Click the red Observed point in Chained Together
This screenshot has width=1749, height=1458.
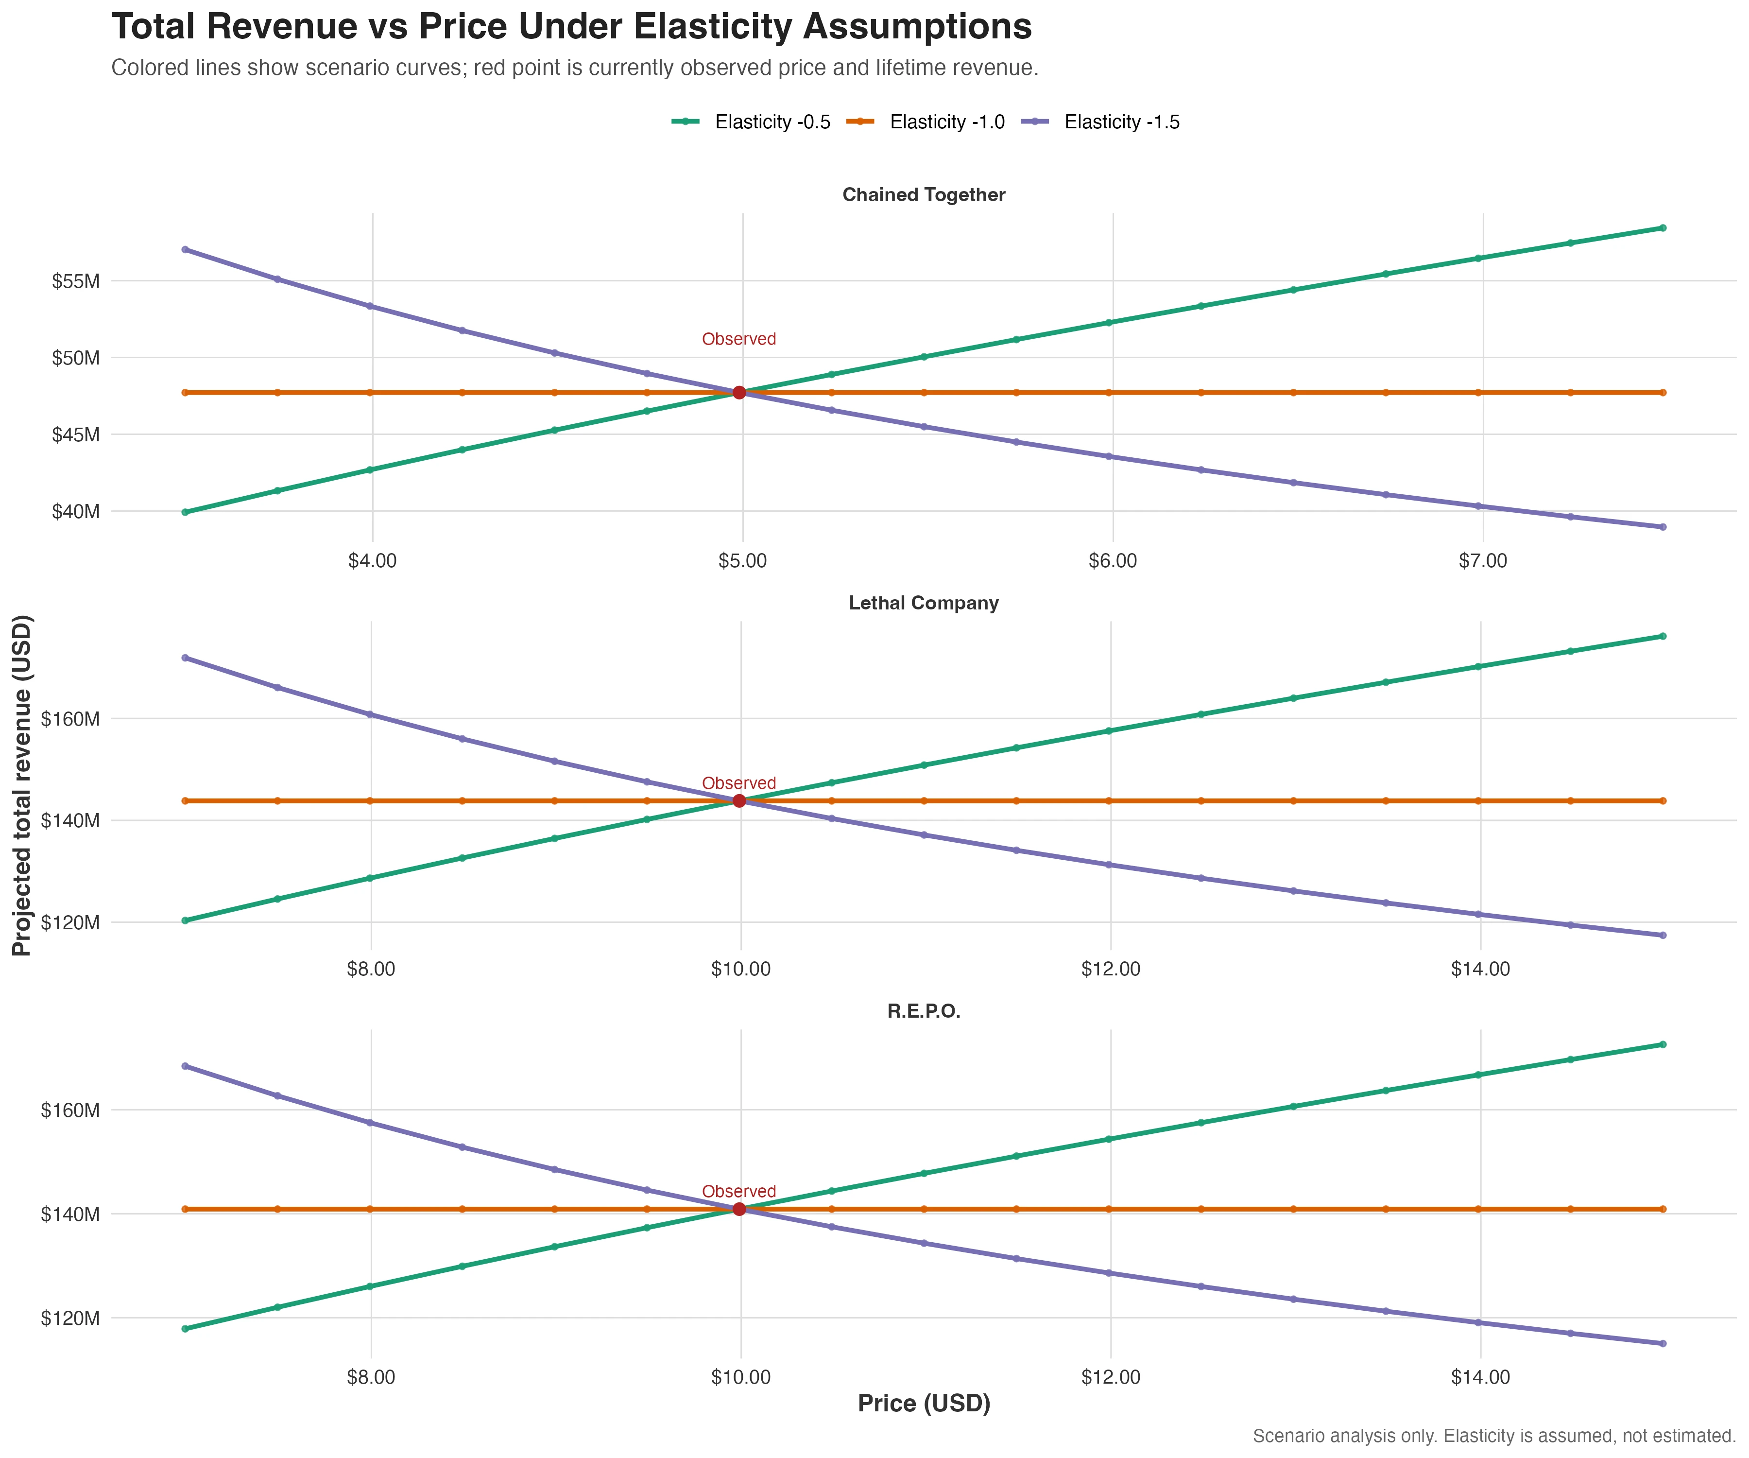pos(739,392)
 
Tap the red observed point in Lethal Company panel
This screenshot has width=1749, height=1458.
pos(739,800)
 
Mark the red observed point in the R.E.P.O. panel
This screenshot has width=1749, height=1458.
pos(739,1209)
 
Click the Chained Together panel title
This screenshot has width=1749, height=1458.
pos(924,195)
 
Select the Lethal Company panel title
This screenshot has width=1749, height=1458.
pos(924,603)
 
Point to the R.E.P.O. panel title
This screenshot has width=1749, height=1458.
pos(924,1011)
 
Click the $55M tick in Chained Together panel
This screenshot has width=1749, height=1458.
pos(76,281)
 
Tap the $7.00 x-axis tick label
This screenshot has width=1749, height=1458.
pos(1482,561)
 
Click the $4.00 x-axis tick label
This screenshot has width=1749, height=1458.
pos(372,561)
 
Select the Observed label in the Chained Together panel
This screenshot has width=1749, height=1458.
pos(739,339)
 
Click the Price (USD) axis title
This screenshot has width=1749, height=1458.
pos(924,1404)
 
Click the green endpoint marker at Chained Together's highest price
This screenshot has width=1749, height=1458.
pos(1663,227)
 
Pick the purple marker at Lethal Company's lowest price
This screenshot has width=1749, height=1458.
pos(185,658)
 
